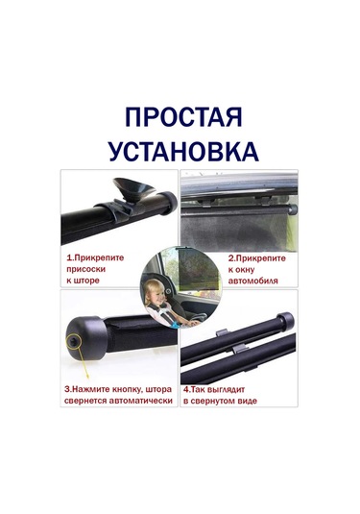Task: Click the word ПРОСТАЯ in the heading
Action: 183,117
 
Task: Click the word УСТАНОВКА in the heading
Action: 183,152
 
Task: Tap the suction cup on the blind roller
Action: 133,188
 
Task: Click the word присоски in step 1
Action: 86,269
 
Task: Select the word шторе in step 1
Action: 87,281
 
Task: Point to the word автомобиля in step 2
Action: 252,281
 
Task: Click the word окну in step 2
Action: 246,270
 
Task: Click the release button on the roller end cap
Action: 73,341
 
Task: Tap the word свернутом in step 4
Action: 214,401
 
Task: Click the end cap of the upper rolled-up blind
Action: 286,321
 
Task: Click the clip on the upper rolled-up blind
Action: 224,332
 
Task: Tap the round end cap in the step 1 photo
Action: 168,203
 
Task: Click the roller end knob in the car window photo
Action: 293,208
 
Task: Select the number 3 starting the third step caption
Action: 66,389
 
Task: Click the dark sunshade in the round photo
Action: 197,269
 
